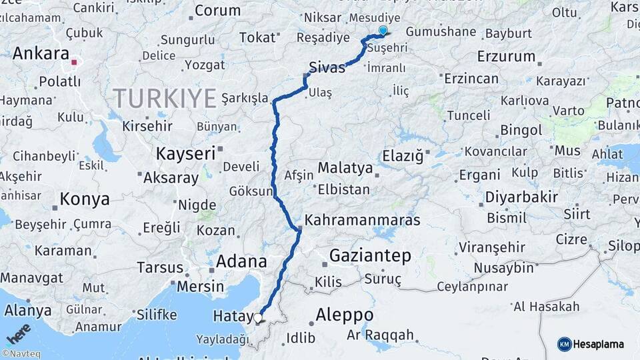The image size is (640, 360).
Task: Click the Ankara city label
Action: coord(41,53)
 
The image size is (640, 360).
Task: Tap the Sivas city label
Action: coord(327,67)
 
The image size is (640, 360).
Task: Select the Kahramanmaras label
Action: coord(363,219)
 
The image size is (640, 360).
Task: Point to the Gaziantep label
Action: coord(369,255)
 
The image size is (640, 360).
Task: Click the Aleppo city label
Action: coord(344,314)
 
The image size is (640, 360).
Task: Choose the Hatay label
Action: coord(232,317)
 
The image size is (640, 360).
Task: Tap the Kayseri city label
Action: coord(185,153)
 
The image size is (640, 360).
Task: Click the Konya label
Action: coord(85,199)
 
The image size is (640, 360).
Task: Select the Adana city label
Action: coord(241,261)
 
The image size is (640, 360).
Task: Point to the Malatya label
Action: coord(345,168)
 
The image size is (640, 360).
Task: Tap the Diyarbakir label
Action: coord(521,197)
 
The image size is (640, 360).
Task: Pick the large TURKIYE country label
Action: coord(165,99)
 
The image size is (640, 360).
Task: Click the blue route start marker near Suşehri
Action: coord(383,30)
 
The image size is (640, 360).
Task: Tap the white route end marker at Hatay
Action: coord(258,318)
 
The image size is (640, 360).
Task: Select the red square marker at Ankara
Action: coord(74,63)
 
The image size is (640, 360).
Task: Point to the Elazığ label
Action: coord(403,157)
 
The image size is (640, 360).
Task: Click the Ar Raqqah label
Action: coord(380,335)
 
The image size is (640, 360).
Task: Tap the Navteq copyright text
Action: coord(19,354)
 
